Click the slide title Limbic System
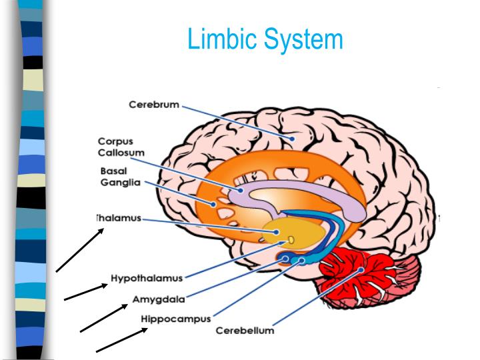pos(265,39)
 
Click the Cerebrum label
pos(153,105)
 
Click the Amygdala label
pos(159,299)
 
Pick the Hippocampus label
pos(176,319)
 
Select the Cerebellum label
pos(245,331)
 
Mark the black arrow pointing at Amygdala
pos(104,318)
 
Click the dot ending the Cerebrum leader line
pos(291,139)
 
